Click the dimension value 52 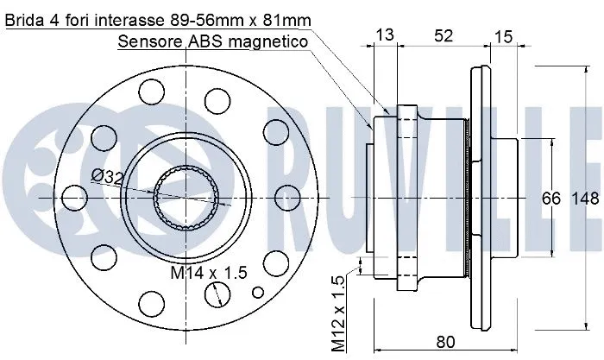point(443,35)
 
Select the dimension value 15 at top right point(504,35)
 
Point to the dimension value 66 point(551,199)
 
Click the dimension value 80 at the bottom point(445,341)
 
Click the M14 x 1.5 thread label point(208,273)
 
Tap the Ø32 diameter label point(108,175)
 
